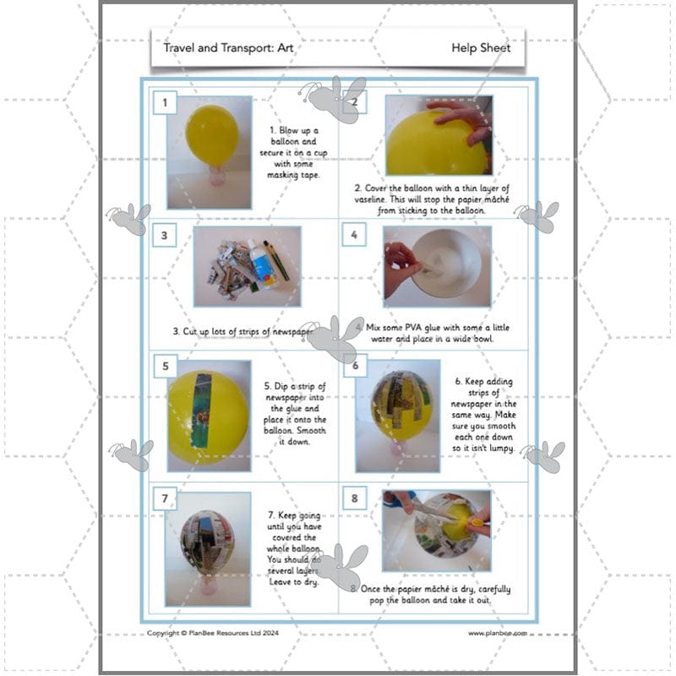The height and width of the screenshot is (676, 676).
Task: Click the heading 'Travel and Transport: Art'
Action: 227,48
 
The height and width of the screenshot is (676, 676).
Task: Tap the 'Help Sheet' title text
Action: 481,48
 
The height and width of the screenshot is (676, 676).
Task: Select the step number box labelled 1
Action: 164,103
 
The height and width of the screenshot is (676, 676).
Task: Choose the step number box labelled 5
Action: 164,367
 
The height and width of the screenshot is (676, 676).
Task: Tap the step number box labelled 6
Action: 355,366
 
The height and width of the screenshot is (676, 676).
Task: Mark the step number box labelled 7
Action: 164,499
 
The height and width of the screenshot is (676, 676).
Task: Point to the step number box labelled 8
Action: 354,499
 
